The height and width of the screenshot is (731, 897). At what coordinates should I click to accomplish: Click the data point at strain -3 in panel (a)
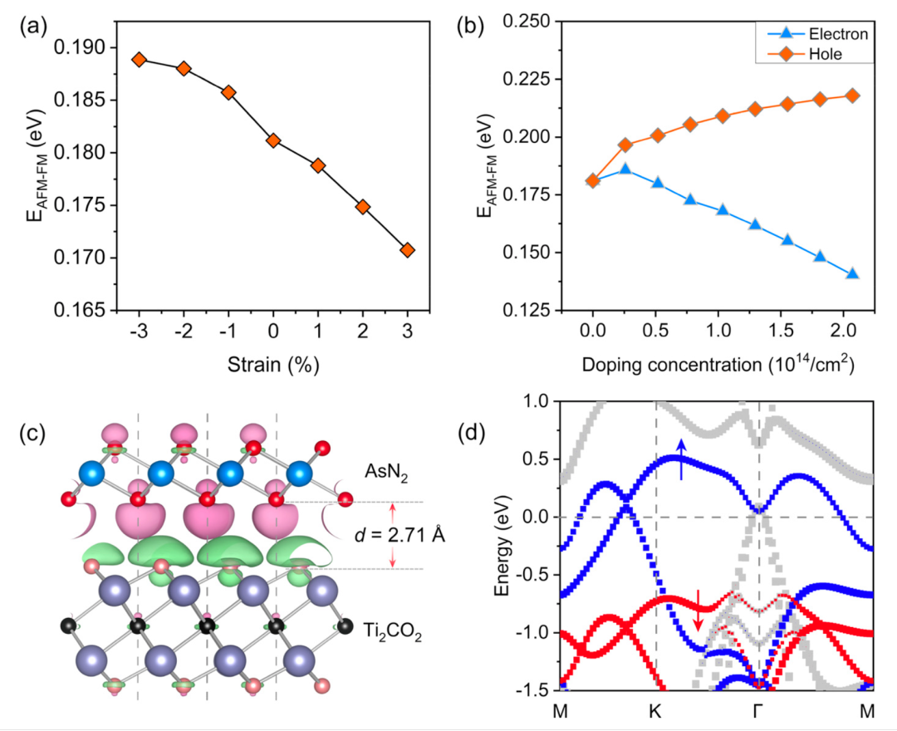click(139, 60)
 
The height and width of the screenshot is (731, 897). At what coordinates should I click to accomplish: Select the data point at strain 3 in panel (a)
click(407, 250)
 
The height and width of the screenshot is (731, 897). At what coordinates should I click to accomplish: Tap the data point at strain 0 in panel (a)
click(273, 141)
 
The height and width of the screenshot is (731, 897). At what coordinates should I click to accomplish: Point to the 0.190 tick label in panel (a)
click(86, 48)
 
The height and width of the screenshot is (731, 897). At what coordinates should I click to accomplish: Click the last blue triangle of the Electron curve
click(852, 274)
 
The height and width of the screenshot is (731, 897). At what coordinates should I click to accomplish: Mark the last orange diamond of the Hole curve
click(852, 96)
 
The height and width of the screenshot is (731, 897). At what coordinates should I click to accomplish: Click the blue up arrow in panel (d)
click(681, 459)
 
